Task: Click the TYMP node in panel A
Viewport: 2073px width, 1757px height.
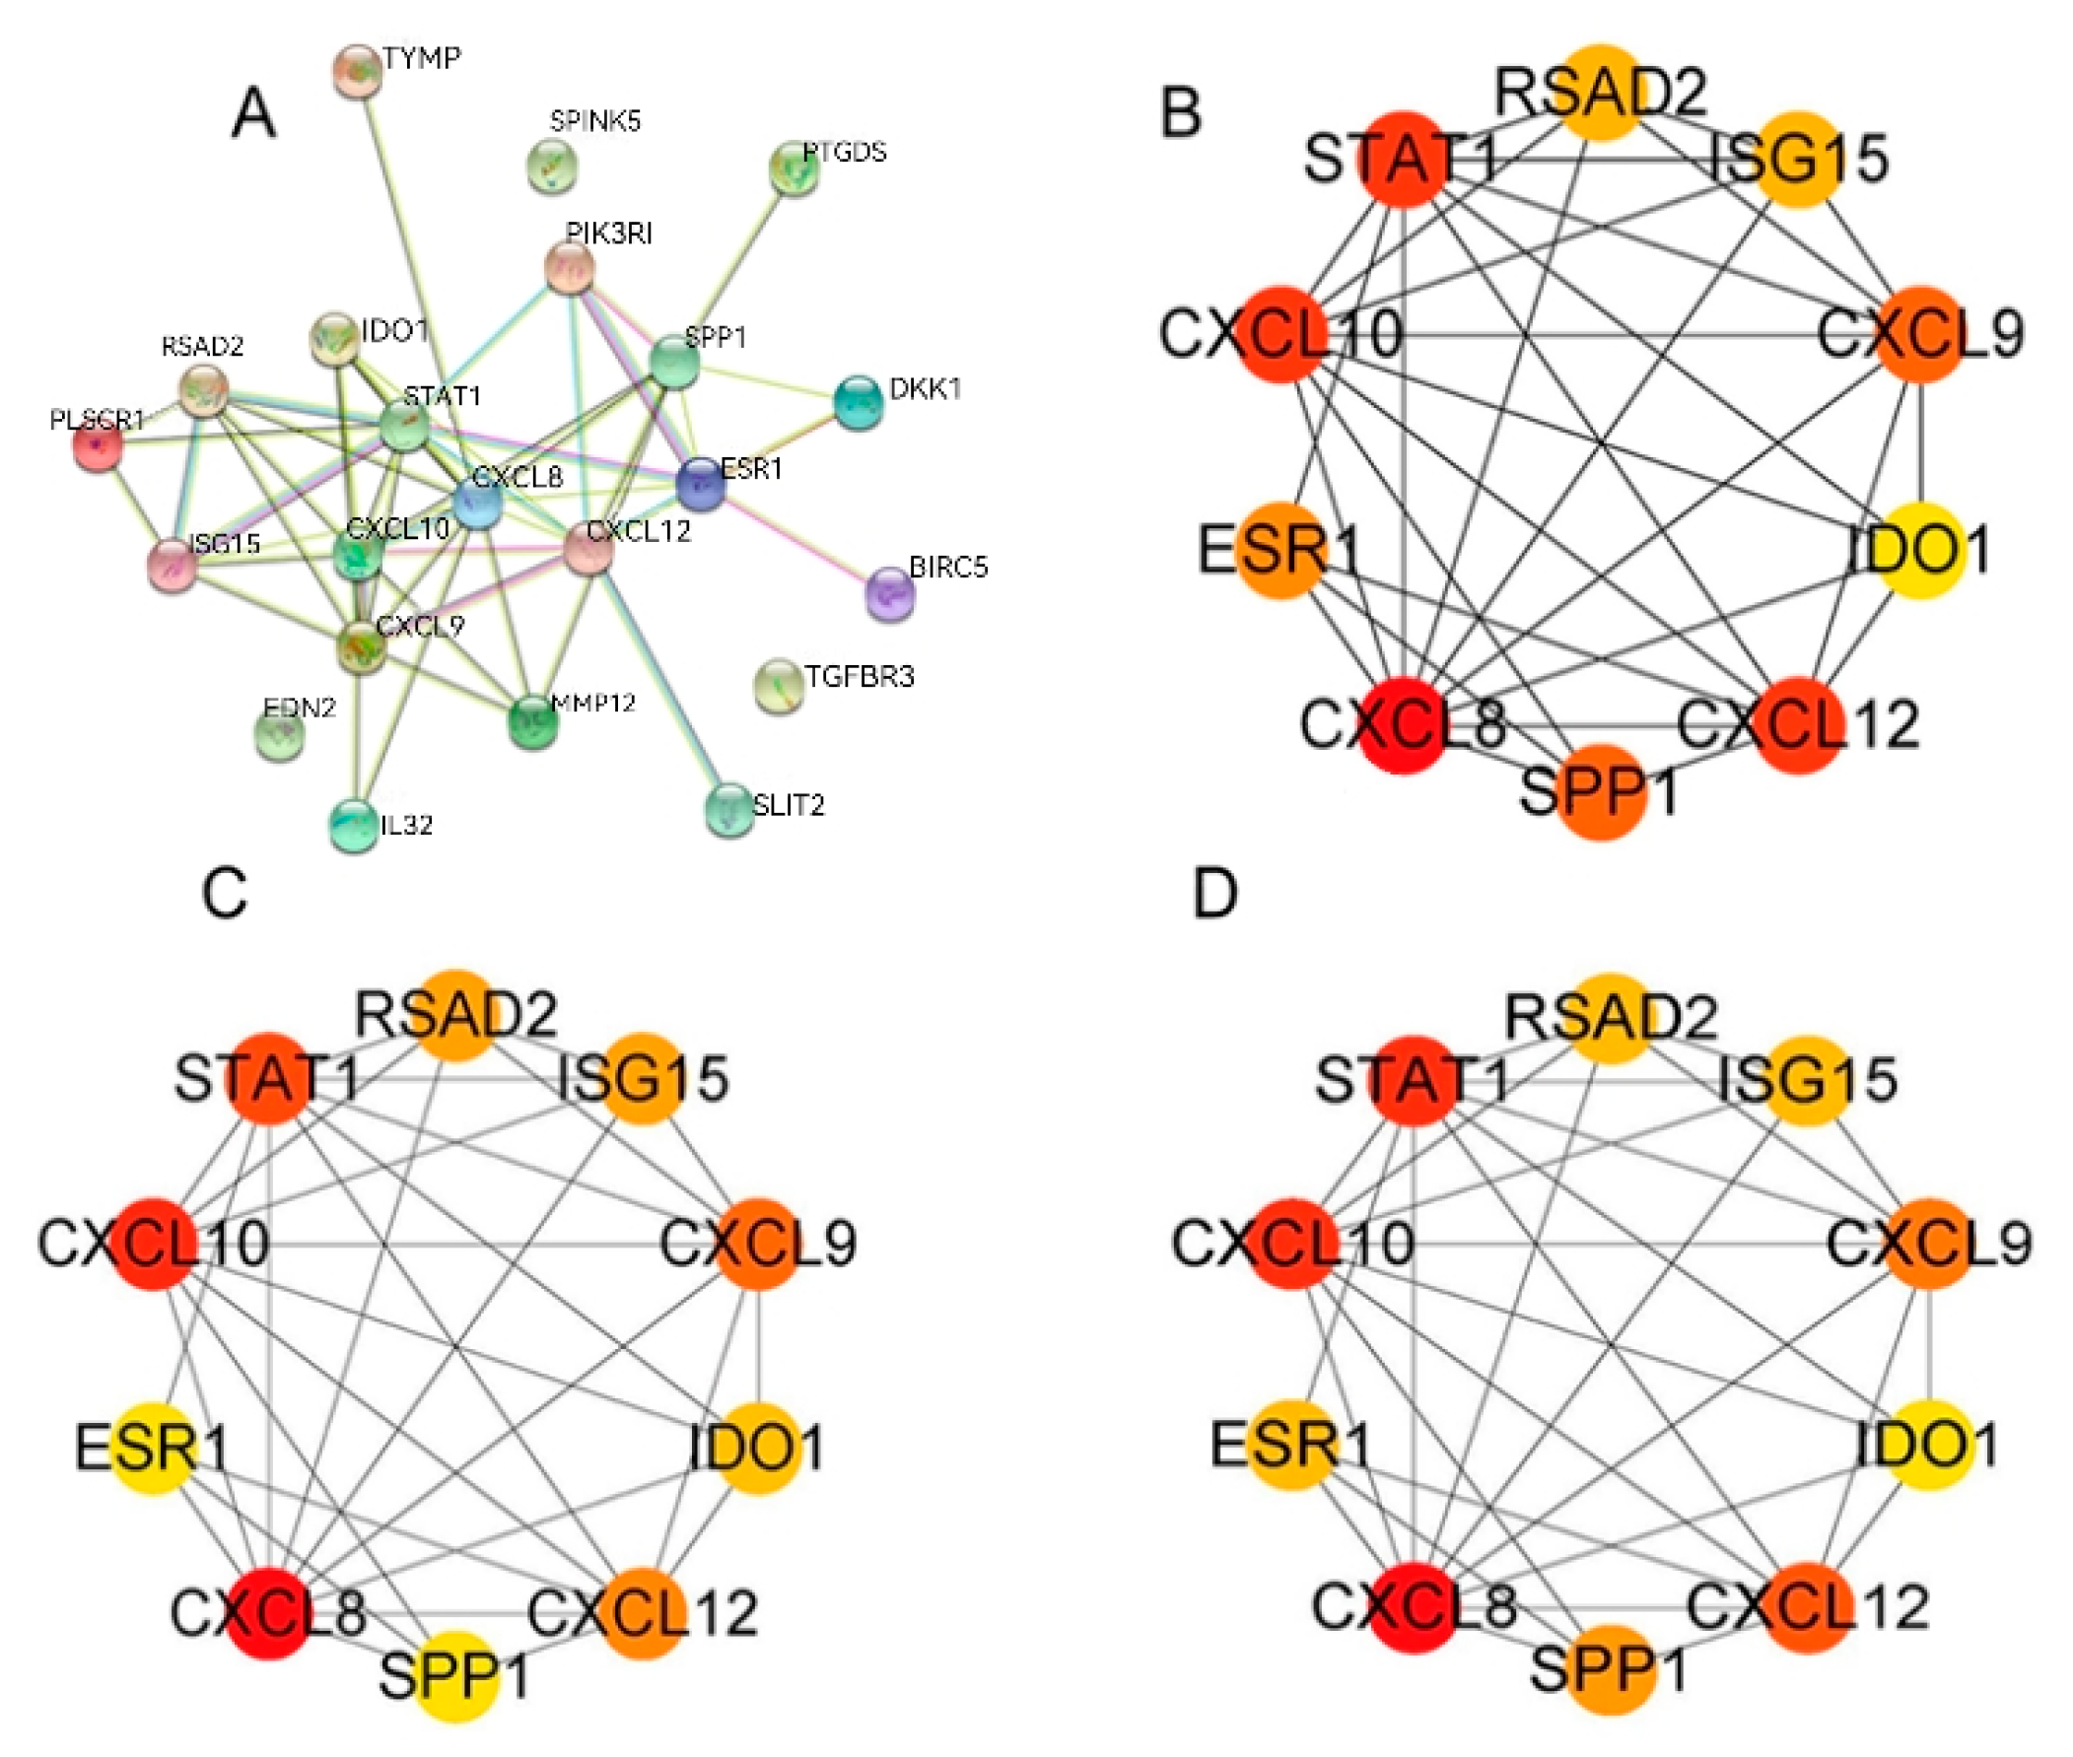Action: (357, 72)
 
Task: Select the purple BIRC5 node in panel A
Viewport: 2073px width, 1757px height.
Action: (889, 593)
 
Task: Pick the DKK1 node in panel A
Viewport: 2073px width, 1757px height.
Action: (857, 402)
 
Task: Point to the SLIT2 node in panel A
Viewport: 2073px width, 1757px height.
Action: (729, 809)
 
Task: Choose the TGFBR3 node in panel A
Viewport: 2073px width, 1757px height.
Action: (778, 686)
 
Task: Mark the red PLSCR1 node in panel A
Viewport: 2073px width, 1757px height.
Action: (98, 444)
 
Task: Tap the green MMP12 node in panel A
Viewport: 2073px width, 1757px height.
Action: (533, 722)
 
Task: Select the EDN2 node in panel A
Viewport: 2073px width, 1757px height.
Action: (281, 735)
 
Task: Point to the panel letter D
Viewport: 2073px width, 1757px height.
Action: (1214, 894)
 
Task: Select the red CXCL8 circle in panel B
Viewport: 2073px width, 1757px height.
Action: (1403, 725)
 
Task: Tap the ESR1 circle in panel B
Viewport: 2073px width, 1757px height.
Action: (1281, 551)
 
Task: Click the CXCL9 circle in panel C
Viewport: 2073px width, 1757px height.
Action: (759, 1243)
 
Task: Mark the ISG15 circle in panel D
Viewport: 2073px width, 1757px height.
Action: (1807, 1080)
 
